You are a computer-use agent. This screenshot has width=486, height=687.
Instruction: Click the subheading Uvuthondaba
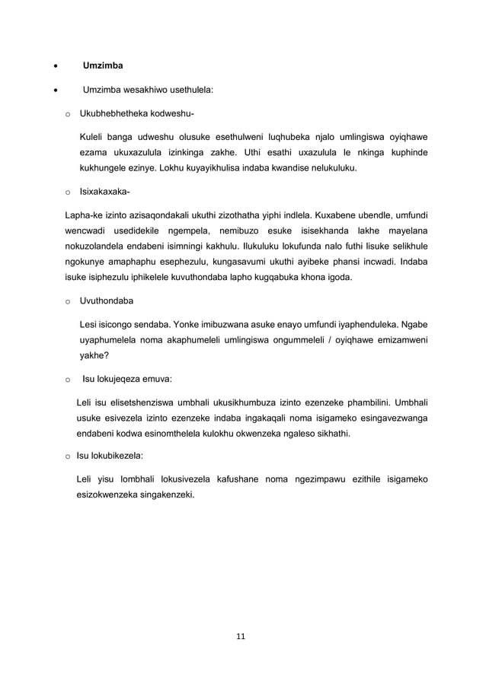105,301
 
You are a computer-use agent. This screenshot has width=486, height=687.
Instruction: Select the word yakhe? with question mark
94,354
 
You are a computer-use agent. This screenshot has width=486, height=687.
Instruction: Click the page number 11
242,636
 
